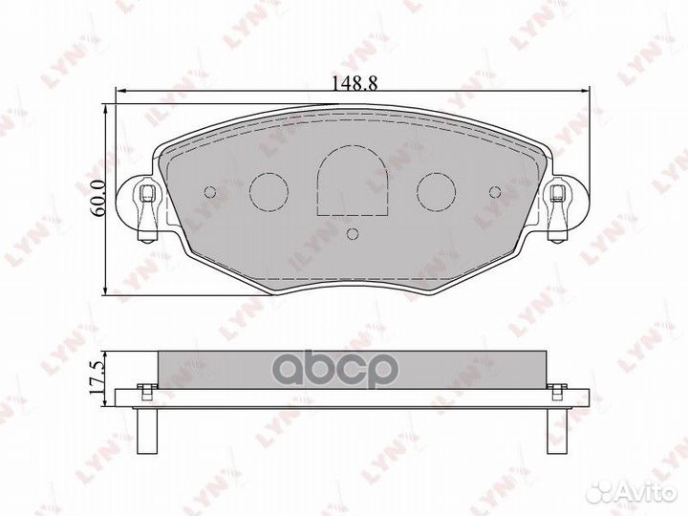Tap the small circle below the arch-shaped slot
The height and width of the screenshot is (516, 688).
[352, 233]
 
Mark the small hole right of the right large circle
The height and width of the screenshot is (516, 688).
[494, 191]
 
